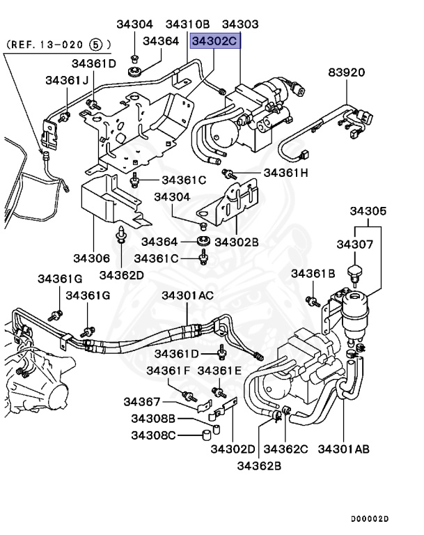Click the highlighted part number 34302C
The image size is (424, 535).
pos(216,41)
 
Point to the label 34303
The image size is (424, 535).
pos(240,25)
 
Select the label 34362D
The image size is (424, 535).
pos(121,274)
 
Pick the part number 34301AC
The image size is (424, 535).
pos(188,295)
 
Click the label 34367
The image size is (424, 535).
pos(142,402)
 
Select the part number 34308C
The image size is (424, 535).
pos(152,435)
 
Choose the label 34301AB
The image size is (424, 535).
pos(343,448)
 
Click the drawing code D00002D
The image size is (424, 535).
pos(370,519)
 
